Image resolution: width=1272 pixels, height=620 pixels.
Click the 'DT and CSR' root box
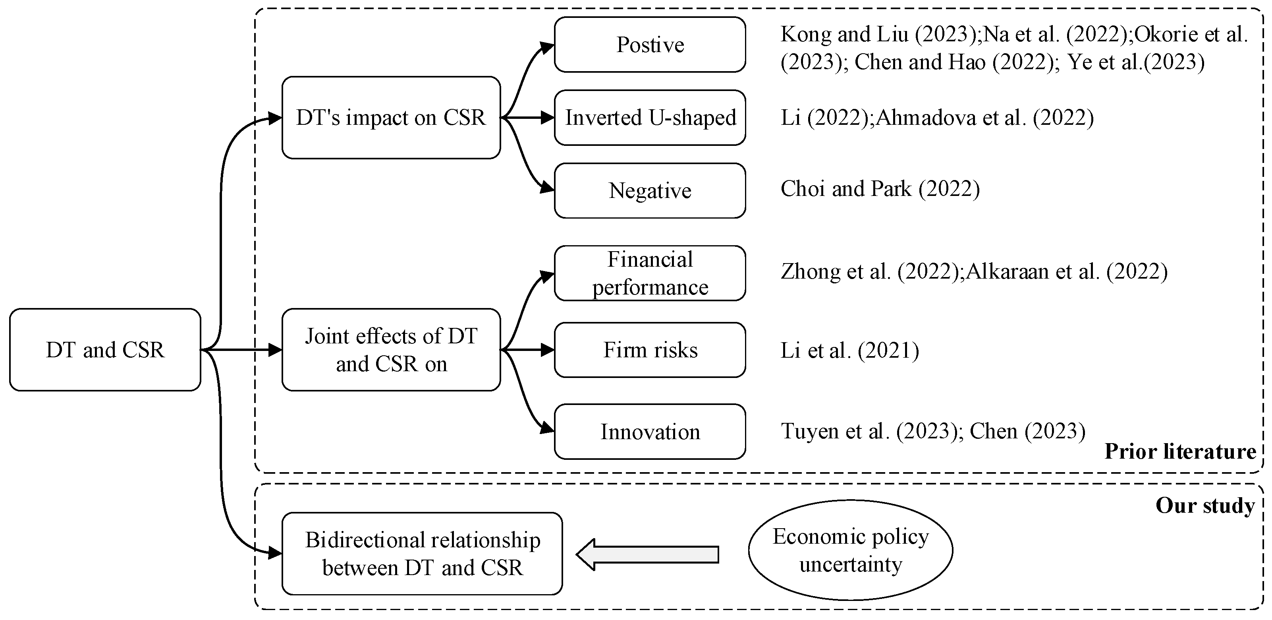(x=105, y=350)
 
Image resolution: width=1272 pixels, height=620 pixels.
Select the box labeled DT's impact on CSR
(x=391, y=118)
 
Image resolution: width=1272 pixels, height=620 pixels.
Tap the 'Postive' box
(x=650, y=45)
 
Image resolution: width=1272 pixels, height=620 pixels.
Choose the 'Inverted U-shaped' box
(x=650, y=118)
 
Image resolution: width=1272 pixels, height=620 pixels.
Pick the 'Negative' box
(x=650, y=191)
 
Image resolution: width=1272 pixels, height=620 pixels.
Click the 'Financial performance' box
(x=650, y=273)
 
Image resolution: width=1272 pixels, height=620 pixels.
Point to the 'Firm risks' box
(x=650, y=350)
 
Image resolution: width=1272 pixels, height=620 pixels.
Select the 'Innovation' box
(x=650, y=432)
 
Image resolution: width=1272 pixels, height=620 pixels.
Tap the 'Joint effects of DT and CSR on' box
(x=391, y=350)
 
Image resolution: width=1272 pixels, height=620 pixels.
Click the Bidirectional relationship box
(x=422, y=554)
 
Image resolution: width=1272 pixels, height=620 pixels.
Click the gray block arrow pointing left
(x=647, y=554)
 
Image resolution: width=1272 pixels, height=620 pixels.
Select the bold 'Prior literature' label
(x=1180, y=451)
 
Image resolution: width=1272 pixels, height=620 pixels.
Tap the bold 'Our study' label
(x=1205, y=506)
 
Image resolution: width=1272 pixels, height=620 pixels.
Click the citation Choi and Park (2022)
(x=880, y=189)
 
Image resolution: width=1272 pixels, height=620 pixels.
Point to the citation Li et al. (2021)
(x=849, y=350)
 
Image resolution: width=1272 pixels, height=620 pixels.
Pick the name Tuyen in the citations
(x=810, y=431)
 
